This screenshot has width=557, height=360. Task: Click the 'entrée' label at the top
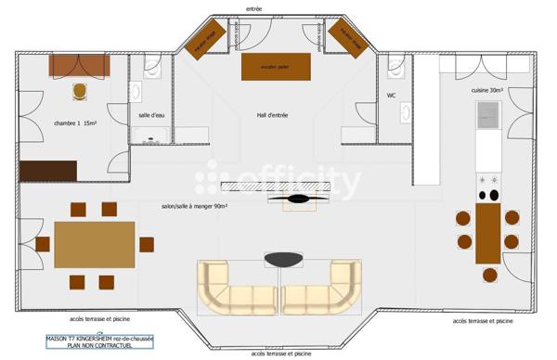pyautogui.click(x=253, y=8)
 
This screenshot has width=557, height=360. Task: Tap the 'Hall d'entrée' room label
pyautogui.click(x=273, y=115)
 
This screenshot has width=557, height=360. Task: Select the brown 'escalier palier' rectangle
pyautogui.click(x=276, y=67)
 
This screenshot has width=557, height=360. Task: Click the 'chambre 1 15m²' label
pyautogui.click(x=75, y=122)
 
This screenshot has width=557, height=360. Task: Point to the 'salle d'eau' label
pyautogui.click(x=151, y=115)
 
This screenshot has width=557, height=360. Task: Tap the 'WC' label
pyautogui.click(x=392, y=96)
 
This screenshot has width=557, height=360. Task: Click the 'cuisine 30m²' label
pyautogui.click(x=487, y=90)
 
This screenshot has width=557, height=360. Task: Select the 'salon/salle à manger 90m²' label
pyautogui.click(x=195, y=206)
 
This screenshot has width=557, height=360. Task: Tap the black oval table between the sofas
pyautogui.click(x=284, y=259)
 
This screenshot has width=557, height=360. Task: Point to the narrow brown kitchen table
pyautogui.click(x=487, y=233)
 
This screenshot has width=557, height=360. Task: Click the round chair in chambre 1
pyautogui.click(x=81, y=91)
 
